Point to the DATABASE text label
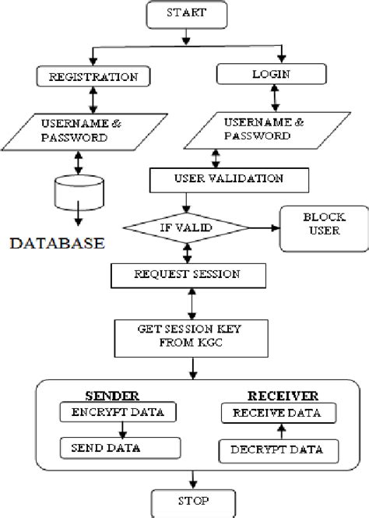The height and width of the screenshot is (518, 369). pos(58,243)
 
